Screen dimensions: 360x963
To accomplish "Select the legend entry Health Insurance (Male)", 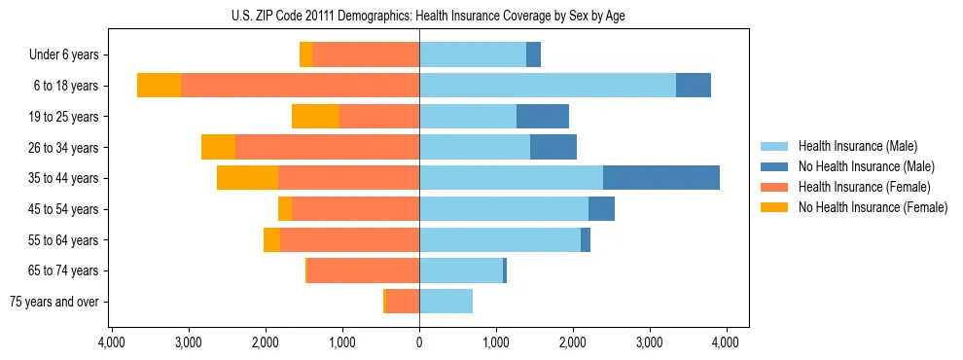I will (856, 146).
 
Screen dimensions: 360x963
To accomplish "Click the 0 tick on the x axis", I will (419, 342).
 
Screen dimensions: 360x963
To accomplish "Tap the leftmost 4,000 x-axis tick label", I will (112, 342).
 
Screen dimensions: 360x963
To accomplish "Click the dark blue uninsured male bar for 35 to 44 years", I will (661, 178).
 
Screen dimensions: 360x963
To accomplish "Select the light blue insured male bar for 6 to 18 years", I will (548, 86).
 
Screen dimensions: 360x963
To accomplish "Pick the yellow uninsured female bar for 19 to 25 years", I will (315, 117).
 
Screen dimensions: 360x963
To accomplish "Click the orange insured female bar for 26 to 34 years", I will (327, 147).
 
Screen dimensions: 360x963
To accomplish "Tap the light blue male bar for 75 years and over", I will (446, 302).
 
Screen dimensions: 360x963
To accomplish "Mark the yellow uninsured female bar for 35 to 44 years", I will (247, 178).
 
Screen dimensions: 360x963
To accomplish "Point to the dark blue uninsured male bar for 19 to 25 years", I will (543, 117).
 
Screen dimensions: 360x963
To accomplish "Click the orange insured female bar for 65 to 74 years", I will (363, 270).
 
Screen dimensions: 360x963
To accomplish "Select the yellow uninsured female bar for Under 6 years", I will (305, 55).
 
